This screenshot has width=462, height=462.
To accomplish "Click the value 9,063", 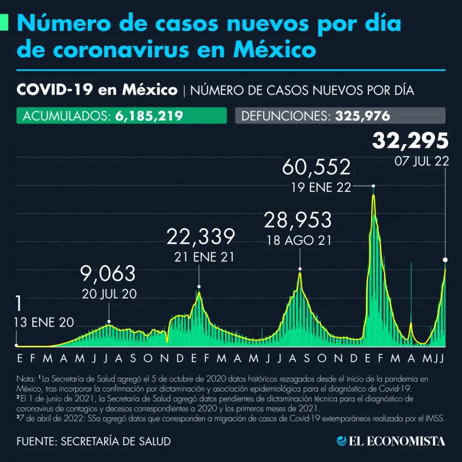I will pyautogui.click(x=108, y=274).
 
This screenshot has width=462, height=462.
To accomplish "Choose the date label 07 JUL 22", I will pyautogui.click(x=421, y=161).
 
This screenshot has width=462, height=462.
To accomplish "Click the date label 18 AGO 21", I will pyautogui.click(x=299, y=241).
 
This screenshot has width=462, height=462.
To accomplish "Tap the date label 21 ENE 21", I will pyautogui.click(x=200, y=257).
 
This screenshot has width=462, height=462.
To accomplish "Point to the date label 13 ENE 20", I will pyautogui.click(x=44, y=322).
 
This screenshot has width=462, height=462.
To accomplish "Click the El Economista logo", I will pyautogui.click(x=391, y=441).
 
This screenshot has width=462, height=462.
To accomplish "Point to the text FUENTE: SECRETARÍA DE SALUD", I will pyautogui.click(x=93, y=441).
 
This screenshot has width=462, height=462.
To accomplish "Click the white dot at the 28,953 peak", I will pyautogui.click(x=299, y=269).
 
